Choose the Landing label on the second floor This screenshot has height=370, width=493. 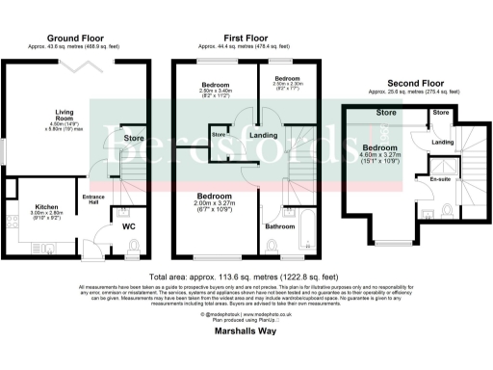pyautogui.click(x=442, y=144)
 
